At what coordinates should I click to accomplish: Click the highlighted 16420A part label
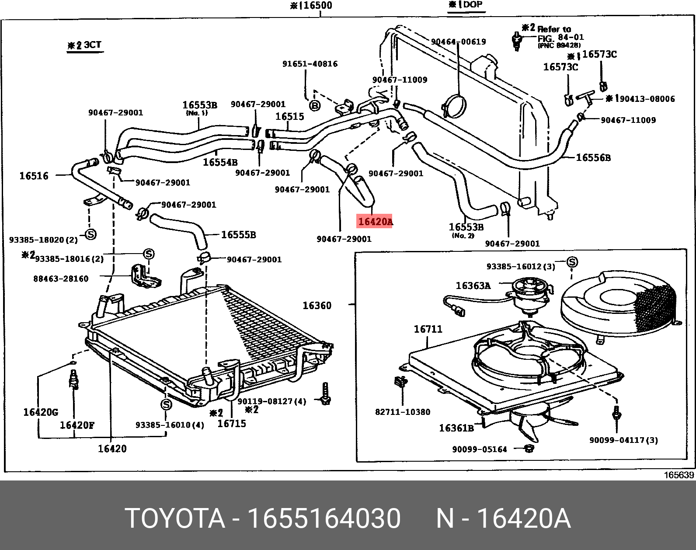(375, 221)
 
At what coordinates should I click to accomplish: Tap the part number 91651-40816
(310, 64)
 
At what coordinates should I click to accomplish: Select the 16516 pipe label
(34, 176)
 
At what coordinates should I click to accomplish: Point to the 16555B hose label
(238, 234)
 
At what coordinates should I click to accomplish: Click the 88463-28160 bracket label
(61, 278)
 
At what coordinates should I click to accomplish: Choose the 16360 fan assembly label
(317, 306)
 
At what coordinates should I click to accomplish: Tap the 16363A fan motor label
(473, 285)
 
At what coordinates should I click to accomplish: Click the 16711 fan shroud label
(428, 329)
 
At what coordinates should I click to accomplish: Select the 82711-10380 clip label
(403, 412)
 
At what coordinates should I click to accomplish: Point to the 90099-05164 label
(479, 449)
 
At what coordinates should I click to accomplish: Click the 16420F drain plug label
(77, 425)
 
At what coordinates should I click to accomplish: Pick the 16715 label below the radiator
(232, 424)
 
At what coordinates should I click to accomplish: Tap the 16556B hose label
(593, 157)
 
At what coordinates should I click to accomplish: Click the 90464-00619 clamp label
(458, 42)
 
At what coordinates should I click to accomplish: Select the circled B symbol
(315, 105)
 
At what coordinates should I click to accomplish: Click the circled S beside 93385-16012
(572, 261)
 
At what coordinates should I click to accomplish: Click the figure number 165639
(679, 475)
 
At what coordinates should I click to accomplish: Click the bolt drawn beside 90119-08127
(325, 394)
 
